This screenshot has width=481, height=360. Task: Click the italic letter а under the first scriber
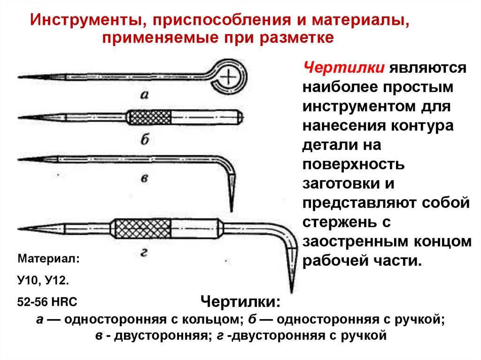(x=145, y=94)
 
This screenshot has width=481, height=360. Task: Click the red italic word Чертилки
(x=345, y=68)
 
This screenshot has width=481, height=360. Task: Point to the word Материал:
(x=48, y=259)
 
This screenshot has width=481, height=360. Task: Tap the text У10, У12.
(x=43, y=281)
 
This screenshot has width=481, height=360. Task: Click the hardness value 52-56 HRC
(x=47, y=301)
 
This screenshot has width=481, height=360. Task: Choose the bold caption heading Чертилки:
(x=241, y=301)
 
